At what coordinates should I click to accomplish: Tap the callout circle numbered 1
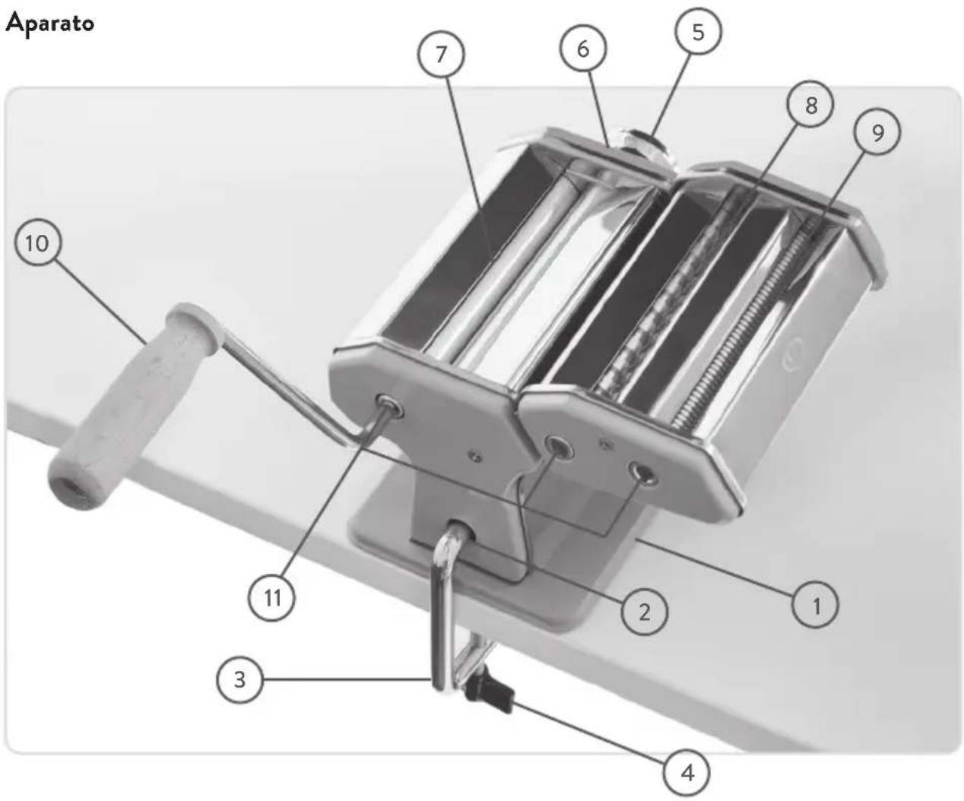815,605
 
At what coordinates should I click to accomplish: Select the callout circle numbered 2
644,613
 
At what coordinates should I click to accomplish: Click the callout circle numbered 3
239,679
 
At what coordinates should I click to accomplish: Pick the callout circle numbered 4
687,773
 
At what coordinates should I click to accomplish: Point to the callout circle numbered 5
698,32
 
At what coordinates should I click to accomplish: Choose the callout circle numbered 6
583,49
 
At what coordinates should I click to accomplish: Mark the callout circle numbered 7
441,55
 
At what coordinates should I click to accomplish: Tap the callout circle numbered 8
810,105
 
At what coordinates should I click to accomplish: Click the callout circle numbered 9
877,132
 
